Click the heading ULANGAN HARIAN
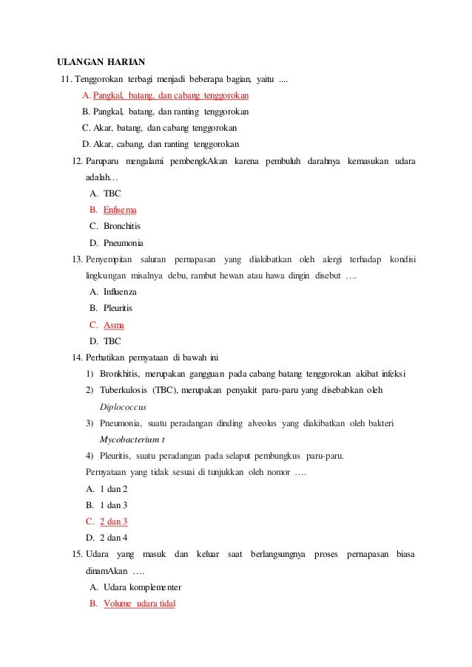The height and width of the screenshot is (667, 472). click(101, 61)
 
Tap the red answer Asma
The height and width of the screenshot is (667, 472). click(113, 325)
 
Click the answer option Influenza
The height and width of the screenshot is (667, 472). click(120, 292)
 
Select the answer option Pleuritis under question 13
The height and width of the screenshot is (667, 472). click(118, 308)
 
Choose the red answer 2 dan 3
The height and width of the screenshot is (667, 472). click(114, 521)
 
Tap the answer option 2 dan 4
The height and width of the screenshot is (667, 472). click(114, 538)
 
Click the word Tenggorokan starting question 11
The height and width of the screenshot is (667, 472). click(98, 79)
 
